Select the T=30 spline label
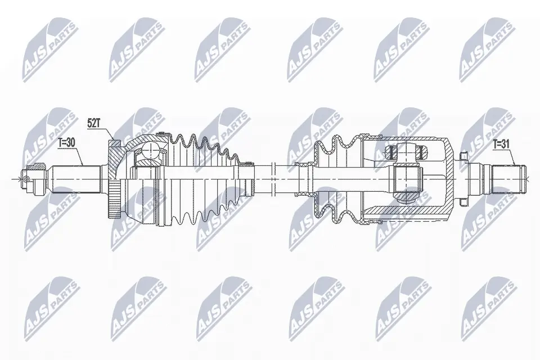tap(67, 143)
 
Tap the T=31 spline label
tap(501, 144)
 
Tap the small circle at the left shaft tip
tap(25, 179)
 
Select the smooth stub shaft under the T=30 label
tap(76, 178)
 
